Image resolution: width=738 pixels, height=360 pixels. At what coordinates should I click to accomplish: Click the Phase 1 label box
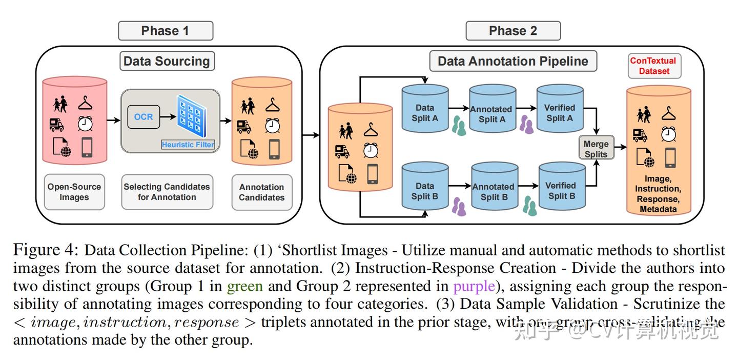(x=165, y=31)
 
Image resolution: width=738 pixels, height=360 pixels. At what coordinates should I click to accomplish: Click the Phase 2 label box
(x=512, y=31)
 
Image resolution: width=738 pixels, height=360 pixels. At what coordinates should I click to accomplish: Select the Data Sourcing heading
(x=167, y=61)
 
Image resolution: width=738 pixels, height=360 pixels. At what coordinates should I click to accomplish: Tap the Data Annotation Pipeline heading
(x=512, y=61)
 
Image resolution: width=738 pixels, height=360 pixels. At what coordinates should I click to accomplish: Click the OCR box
(x=143, y=117)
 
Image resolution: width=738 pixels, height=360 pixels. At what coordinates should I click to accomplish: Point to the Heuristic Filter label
(x=188, y=145)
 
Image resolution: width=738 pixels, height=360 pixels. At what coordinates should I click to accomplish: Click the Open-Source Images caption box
(x=74, y=192)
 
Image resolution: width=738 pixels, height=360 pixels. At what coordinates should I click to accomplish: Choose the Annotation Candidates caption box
(x=261, y=192)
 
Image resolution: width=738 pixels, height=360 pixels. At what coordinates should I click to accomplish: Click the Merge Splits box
(x=596, y=149)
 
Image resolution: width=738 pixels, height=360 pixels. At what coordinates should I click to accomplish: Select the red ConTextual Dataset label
(x=653, y=66)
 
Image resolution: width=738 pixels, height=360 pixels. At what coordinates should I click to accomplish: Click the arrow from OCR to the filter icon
(x=167, y=117)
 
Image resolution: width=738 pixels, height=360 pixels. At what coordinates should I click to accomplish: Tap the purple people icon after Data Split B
(x=459, y=206)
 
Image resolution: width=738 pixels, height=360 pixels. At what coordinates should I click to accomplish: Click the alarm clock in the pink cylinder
(x=85, y=124)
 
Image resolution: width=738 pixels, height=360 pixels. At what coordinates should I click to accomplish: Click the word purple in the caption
(x=474, y=286)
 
